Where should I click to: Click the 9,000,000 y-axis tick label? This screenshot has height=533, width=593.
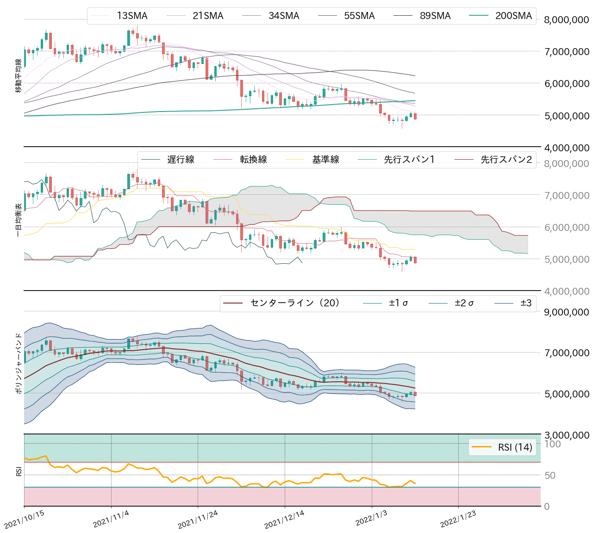pyautogui.click(x=567, y=312)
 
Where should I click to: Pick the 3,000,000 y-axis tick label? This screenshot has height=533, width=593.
pyautogui.click(x=567, y=435)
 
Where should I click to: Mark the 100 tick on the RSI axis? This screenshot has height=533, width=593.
pyautogui.click(x=552, y=444)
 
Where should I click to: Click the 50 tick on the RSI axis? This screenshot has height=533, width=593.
pyautogui.click(x=549, y=476)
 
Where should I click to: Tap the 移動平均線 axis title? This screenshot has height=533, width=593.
pyautogui.click(x=19, y=76)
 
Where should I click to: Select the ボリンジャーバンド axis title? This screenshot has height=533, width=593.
pyautogui.click(x=19, y=363)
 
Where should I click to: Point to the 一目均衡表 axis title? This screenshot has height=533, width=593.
pyautogui.click(x=19, y=220)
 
